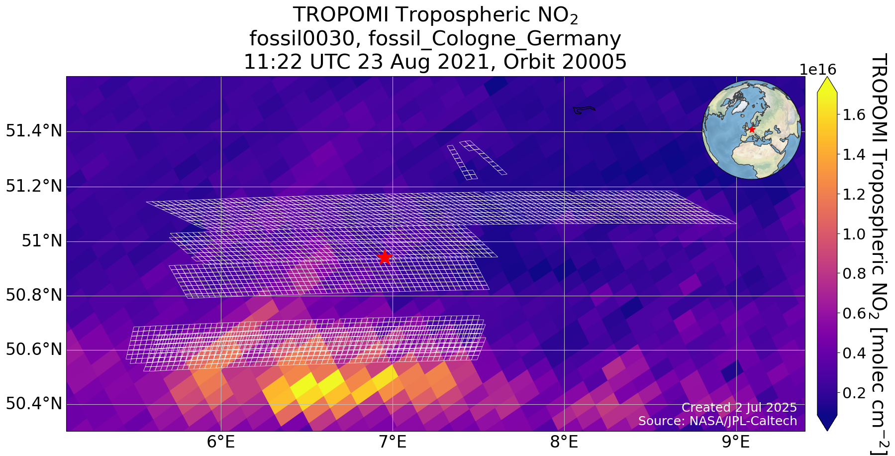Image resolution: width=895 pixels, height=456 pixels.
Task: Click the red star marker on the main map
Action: (384, 257)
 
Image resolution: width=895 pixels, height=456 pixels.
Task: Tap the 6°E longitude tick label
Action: (221, 442)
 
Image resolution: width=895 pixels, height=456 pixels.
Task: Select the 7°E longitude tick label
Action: (393, 442)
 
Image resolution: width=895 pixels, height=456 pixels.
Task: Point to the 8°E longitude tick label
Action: (564, 442)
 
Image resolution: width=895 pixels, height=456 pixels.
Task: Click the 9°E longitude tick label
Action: (736, 442)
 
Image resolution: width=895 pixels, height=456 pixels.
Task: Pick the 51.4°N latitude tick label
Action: (34, 132)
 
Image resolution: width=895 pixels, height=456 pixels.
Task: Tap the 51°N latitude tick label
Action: (42, 241)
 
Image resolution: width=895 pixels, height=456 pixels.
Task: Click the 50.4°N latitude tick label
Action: (34, 404)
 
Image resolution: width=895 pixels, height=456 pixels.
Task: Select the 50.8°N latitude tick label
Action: (34, 296)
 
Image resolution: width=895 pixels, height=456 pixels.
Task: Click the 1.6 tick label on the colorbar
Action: (854, 115)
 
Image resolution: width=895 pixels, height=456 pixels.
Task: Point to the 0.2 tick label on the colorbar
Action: (854, 393)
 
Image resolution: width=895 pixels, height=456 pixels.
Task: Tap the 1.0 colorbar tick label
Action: (854, 234)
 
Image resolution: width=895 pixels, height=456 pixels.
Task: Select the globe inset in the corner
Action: (751, 129)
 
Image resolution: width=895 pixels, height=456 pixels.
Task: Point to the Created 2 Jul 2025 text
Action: (739, 407)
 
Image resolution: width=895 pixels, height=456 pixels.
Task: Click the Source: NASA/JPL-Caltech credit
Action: (717, 421)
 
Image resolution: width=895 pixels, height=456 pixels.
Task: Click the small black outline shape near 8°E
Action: (583, 110)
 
